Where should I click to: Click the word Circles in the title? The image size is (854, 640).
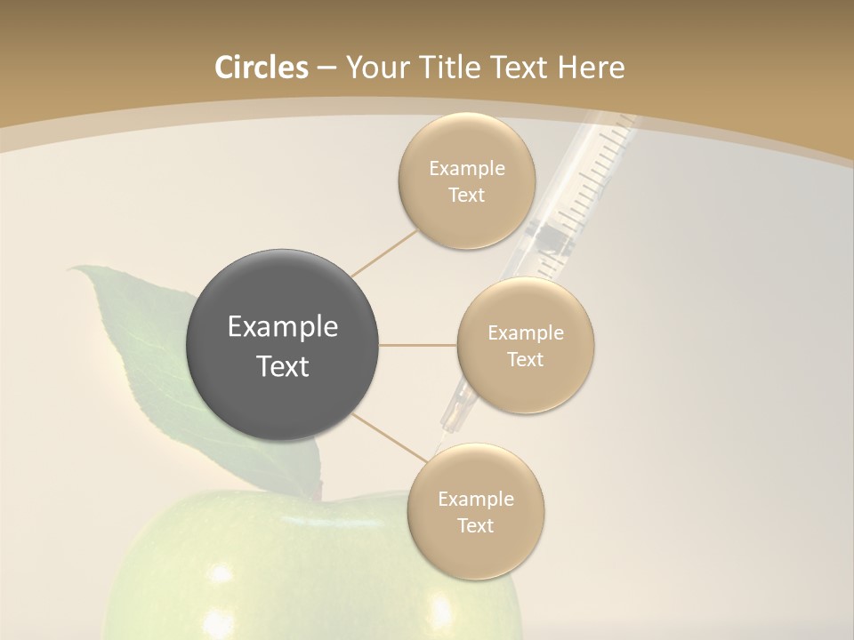pos(261,68)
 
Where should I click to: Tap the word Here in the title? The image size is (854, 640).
pos(592,68)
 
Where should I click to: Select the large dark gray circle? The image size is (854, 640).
pos(282,345)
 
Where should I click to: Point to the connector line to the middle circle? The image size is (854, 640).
pos(417,345)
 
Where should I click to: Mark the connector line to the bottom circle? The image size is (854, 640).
pos(389,436)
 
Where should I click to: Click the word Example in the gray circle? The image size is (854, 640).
pos(282,327)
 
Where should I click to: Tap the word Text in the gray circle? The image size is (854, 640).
pos(282,366)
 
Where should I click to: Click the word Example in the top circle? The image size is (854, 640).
pos(466,169)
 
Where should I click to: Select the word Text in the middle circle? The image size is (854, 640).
pos(525,360)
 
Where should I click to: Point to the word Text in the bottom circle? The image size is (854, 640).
pos(475,526)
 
